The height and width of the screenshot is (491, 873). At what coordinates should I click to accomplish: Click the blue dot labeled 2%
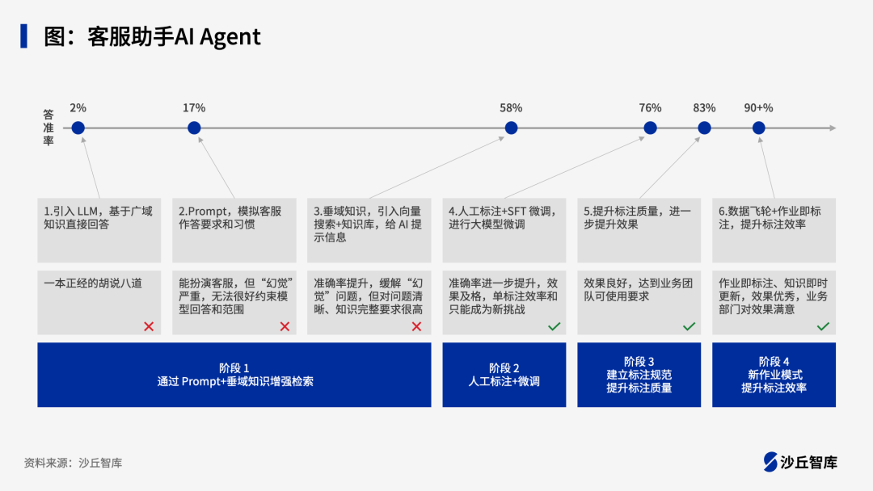[78, 128]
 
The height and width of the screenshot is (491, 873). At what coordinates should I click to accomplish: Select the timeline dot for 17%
[194, 128]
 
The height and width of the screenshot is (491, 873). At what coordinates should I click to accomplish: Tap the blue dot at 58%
[511, 128]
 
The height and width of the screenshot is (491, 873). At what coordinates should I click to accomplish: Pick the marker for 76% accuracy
[650, 128]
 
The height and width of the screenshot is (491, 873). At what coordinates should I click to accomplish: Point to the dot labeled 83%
[704, 128]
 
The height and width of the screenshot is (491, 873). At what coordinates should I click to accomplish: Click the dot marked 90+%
[758, 128]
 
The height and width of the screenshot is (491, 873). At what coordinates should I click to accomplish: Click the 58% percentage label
[511, 107]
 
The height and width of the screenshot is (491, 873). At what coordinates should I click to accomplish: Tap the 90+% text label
[758, 107]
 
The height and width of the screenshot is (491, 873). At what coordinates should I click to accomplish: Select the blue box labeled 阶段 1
[234, 375]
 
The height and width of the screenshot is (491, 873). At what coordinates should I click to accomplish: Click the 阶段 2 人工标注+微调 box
[504, 375]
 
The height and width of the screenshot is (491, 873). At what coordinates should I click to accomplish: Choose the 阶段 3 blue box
[639, 375]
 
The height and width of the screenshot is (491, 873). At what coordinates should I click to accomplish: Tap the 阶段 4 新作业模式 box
[774, 375]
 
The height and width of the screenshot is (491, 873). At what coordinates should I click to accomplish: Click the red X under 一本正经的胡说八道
[149, 326]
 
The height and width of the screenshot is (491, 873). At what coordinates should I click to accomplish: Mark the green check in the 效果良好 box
[689, 326]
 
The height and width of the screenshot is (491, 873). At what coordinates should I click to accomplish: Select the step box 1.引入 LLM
[99, 229]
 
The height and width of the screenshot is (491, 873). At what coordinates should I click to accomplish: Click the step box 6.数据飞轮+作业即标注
[774, 229]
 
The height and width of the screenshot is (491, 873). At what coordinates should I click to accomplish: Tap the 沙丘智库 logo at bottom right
[800, 462]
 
